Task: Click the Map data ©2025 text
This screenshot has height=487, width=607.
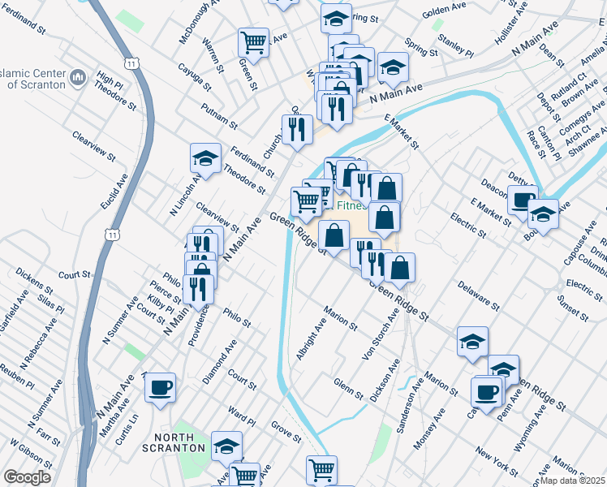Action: pos(573,481)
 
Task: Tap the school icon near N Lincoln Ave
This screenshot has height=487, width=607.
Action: pos(206,158)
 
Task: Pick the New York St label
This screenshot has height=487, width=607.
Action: pos(497,460)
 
